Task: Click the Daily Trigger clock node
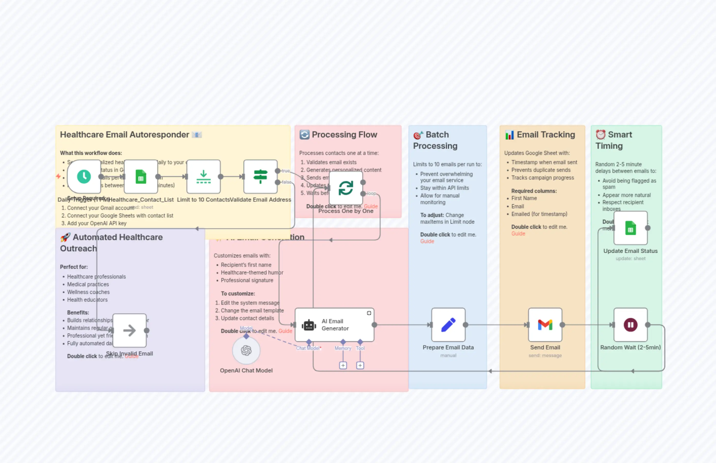[84, 176]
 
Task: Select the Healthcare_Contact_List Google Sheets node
[140, 176]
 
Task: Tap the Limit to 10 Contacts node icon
[203, 176]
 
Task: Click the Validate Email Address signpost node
[260, 176]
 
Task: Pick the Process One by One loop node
[346, 188]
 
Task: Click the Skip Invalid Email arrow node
[129, 330]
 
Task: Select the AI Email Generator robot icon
[309, 325]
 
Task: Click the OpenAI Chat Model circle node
[246, 350]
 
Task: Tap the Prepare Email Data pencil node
[448, 325]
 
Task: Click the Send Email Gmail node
[545, 325]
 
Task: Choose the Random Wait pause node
[630, 325]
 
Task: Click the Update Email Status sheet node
[630, 228]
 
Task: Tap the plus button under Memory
[343, 365]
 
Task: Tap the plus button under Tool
[360, 365]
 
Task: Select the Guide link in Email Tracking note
[518, 234]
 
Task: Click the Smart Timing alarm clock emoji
[600, 135]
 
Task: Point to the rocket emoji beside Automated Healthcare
[65, 237]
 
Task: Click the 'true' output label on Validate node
[286, 171]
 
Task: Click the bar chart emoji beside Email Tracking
[509, 135]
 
